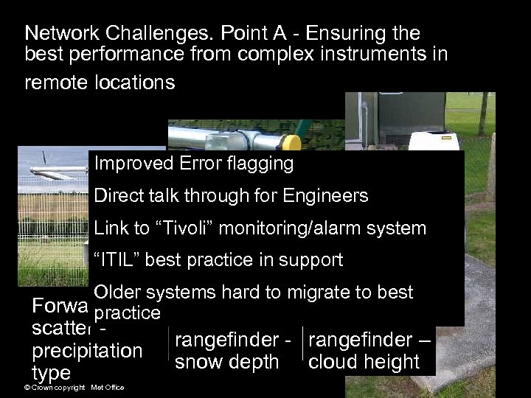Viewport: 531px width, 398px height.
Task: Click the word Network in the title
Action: pyautogui.click(x=58, y=34)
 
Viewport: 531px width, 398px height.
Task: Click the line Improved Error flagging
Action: pyautogui.click(x=194, y=163)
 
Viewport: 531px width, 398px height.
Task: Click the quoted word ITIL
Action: pyautogui.click(x=118, y=259)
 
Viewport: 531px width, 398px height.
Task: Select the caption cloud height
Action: pyautogui.click(x=364, y=362)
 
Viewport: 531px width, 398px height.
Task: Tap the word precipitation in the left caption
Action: pyautogui.click(x=87, y=350)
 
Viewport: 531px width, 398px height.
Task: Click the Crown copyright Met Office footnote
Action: pyautogui.click(x=74, y=388)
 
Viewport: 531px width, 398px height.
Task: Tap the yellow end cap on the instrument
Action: pyautogui.click(x=293, y=142)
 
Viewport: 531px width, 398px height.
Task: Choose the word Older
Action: pyautogui.click(x=117, y=292)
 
